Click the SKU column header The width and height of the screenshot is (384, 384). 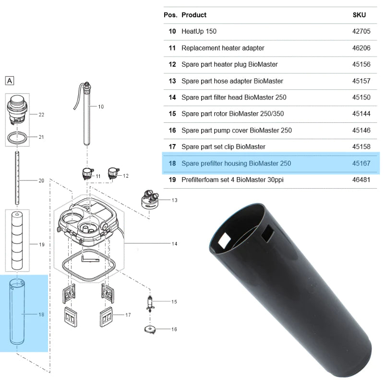click(x=359, y=15)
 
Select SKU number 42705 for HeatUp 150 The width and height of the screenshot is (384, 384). click(x=361, y=32)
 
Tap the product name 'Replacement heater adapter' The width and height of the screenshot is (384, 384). click(x=223, y=48)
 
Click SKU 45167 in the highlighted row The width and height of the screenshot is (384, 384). click(x=361, y=163)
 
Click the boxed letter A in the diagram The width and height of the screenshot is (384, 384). click(x=10, y=81)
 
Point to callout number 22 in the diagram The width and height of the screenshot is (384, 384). click(x=41, y=115)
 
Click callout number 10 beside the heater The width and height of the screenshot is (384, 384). click(x=101, y=107)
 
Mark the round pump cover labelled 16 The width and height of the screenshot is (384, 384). click(x=151, y=330)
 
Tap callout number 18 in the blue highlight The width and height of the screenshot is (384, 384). click(x=41, y=314)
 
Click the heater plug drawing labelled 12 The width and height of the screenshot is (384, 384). click(x=113, y=172)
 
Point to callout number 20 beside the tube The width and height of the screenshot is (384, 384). click(x=41, y=181)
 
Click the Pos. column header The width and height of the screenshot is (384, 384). click(x=170, y=15)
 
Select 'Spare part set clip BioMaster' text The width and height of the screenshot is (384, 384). click(x=223, y=147)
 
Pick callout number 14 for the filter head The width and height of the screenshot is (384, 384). click(x=174, y=244)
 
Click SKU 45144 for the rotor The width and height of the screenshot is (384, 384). click(x=361, y=114)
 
